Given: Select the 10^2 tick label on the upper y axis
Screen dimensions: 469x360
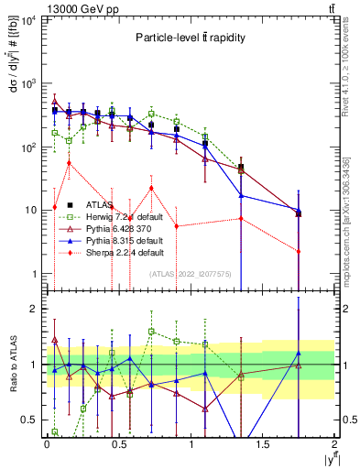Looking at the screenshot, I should click(27, 147).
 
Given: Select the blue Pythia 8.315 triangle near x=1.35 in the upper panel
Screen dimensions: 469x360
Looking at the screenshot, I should click(241, 195).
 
